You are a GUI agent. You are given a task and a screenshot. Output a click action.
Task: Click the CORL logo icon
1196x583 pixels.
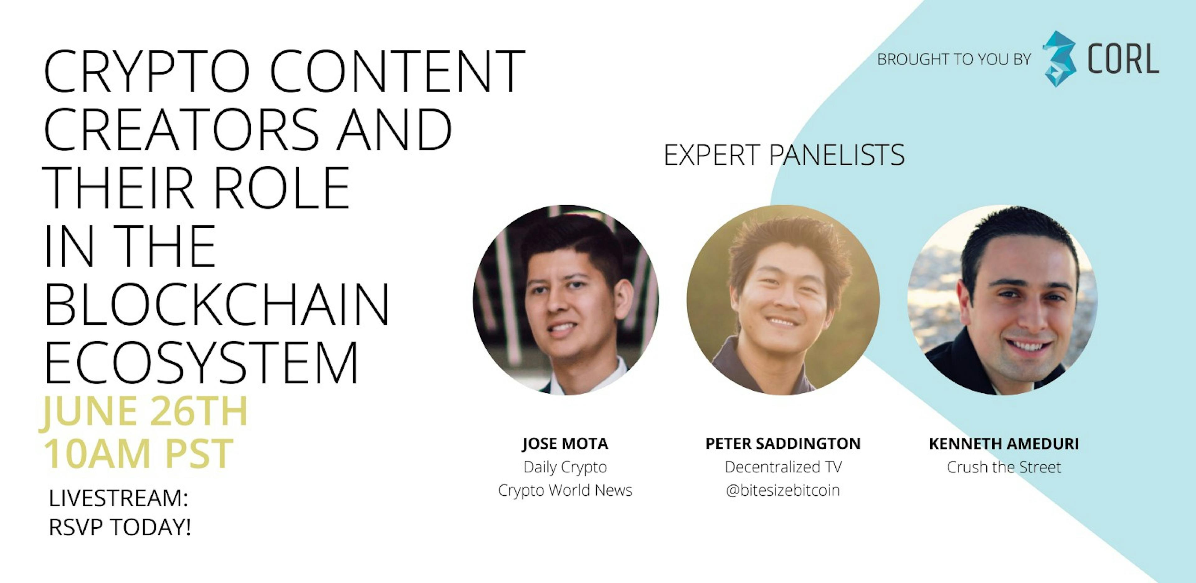click(x=1059, y=59)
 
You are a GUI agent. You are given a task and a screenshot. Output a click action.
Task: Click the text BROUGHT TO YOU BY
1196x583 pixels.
click(x=954, y=59)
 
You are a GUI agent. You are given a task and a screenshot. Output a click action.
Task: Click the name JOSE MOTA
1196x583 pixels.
click(x=565, y=444)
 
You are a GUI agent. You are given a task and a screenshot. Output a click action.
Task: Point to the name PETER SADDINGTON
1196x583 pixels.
click(x=783, y=444)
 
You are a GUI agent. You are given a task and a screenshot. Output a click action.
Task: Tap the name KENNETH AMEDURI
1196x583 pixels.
click(x=1004, y=444)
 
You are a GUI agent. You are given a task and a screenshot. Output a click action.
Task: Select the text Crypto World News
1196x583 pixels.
click(x=565, y=490)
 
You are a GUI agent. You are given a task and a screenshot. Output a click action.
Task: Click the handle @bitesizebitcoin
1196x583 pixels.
click(x=783, y=490)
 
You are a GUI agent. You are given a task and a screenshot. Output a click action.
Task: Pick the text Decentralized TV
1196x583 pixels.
click(x=783, y=467)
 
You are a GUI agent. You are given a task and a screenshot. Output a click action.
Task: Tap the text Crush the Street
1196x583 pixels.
click(x=1004, y=467)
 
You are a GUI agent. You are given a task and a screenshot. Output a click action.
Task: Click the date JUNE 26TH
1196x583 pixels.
click(x=144, y=412)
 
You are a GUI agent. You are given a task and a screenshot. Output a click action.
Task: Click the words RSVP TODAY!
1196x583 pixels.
click(x=120, y=527)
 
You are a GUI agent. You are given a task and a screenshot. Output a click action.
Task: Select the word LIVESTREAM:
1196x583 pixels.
click(x=118, y=498)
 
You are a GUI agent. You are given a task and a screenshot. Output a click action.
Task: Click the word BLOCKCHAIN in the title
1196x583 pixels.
click(x=216, y=304)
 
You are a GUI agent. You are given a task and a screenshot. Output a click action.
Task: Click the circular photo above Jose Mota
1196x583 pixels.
click(x=566, y=300)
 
